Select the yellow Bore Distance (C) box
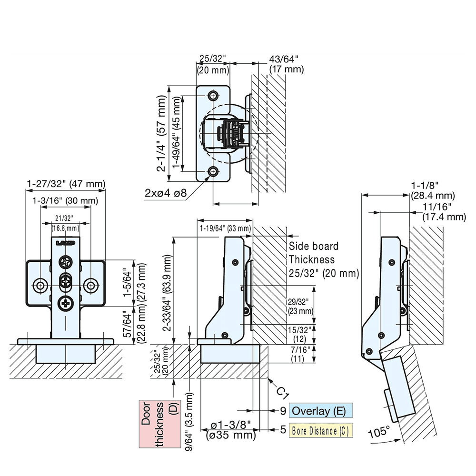tap(320, 430)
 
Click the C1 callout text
tap(283, 391)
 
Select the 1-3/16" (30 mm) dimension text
tap(65, 200)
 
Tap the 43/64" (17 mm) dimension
tap(286, 64)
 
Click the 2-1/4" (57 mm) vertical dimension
tap(162, 133)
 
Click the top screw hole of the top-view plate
tap(213, 95)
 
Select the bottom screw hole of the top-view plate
tap(213, 171)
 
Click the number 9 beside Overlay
tap(282, 411)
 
